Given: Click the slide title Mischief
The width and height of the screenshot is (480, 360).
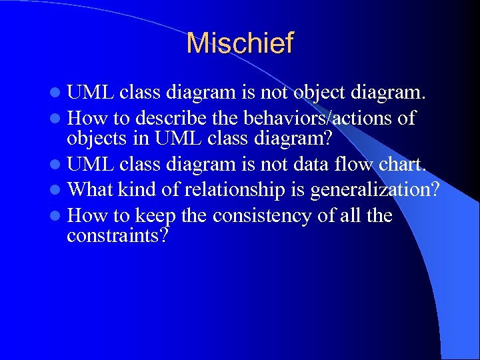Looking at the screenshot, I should [240, 44].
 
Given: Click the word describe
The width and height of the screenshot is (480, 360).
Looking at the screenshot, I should [170, 119].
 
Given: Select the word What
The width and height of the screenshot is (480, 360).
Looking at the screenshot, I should [91, 190].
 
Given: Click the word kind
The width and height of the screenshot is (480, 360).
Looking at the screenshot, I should [138, 190].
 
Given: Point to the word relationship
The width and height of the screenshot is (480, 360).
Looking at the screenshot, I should [235, 190].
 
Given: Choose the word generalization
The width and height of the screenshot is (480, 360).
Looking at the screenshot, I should [373, 190].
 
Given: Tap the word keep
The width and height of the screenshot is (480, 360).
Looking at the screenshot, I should [154, 216].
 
